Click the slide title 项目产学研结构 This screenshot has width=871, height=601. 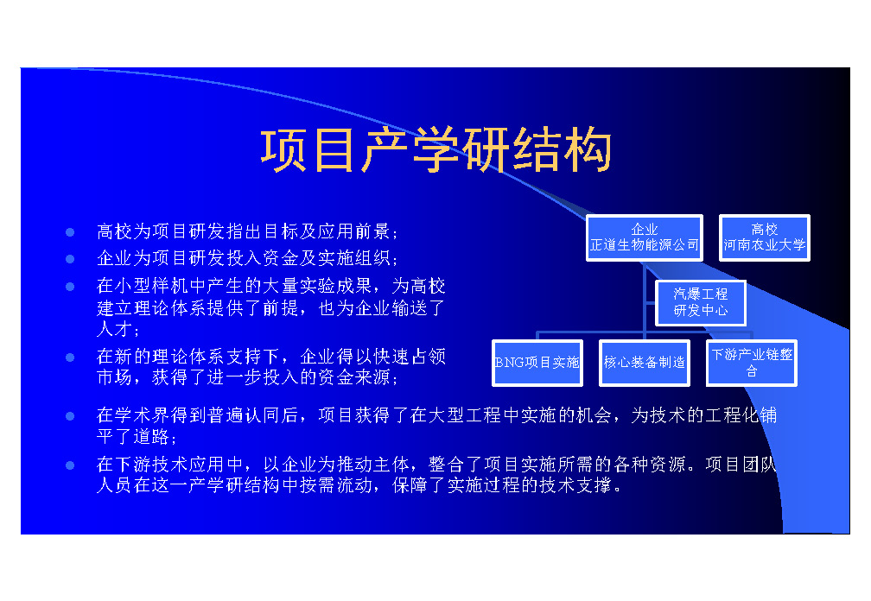coord(436,150)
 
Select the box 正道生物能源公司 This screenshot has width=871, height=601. coord(645,237)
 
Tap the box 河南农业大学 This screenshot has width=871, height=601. coord(765,237)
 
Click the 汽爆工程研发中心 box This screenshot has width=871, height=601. coord(701,302)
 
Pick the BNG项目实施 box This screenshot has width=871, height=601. coord(537,363)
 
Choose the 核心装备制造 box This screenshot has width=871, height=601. coord(645,363)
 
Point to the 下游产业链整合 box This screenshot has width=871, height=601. coord(752,363)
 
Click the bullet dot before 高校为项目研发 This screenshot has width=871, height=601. coord(70,232)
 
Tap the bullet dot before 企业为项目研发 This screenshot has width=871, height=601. coord(70,259)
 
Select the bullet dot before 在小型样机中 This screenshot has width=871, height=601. coord(70,287)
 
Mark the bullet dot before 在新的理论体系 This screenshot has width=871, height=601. coord(70,357)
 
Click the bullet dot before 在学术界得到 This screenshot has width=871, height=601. coord(70,416)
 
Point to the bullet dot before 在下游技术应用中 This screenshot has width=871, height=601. coord(70,465)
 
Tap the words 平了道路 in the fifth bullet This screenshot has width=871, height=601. coord(133,436)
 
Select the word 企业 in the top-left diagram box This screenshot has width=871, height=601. coord(645,229)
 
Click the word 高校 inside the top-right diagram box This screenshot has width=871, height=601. coord(765,229)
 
